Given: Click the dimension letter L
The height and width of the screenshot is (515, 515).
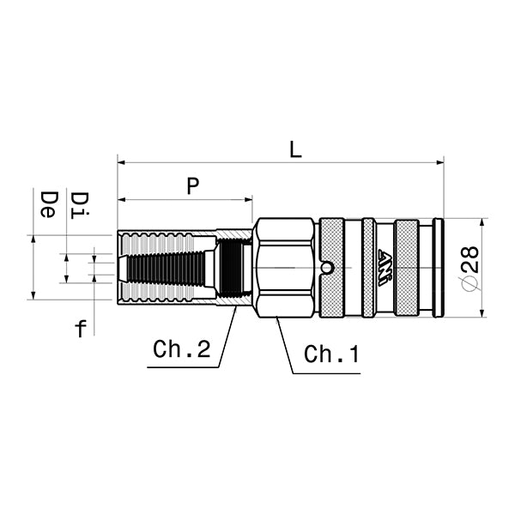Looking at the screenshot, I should pyautogui.click(x=295, y=149).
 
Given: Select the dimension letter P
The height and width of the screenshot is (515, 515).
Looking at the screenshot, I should pyautogui.click(x=192, y=186).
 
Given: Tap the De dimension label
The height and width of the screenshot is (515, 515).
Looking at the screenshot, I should pyautogui.click(x=49, y=204).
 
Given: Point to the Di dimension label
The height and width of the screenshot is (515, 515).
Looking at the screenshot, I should pyautogui.click(x=78, y=204).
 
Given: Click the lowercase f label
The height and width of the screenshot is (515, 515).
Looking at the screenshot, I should pyautogui.click(x=81, y=328).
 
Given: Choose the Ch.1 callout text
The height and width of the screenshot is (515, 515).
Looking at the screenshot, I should pyautogui.click(x=331, y=354).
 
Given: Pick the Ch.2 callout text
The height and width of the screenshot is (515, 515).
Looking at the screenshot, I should pyautogui.click(x=181, y=349).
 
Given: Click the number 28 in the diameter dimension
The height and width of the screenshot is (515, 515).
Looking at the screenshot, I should pyautogui.click(x=469, y=258).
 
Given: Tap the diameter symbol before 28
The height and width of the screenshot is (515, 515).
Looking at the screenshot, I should pyautogui.click(x=469, y=283).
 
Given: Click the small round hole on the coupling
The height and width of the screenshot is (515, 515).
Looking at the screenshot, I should pyautogui.click(x=327, y=269).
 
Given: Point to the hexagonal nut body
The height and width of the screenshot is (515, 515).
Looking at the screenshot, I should pyautogui.click(x=283, y=268).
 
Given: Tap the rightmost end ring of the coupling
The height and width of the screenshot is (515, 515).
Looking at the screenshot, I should pyautogui.click(x=439, y=268).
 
